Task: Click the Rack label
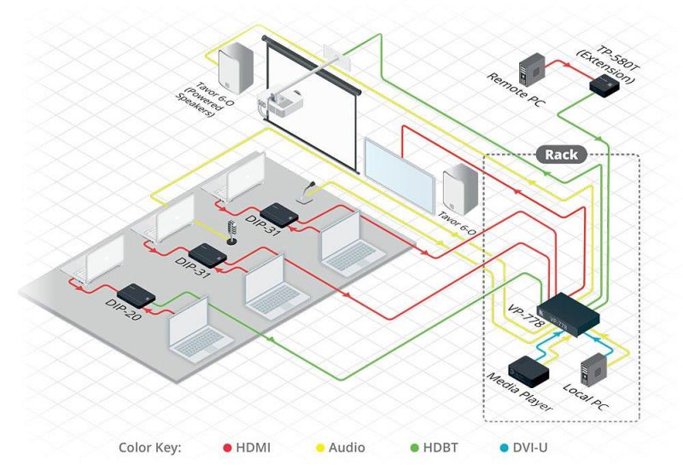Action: coord(562,154)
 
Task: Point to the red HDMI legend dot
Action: coord(227,448)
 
